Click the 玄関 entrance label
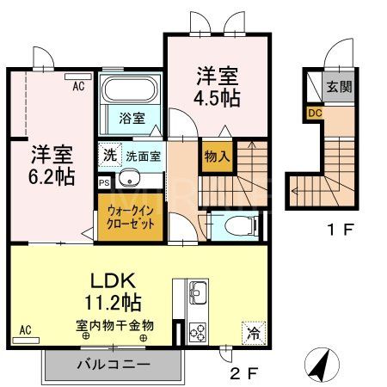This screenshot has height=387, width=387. click(x=338, y=87)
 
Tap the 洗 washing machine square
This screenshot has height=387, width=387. click(x=110, y=157)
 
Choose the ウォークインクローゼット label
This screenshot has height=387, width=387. click(x=132, y=216)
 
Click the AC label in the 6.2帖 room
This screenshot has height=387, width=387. click(x=77, y=87)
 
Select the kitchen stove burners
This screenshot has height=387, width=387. click(x=197, y=331)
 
